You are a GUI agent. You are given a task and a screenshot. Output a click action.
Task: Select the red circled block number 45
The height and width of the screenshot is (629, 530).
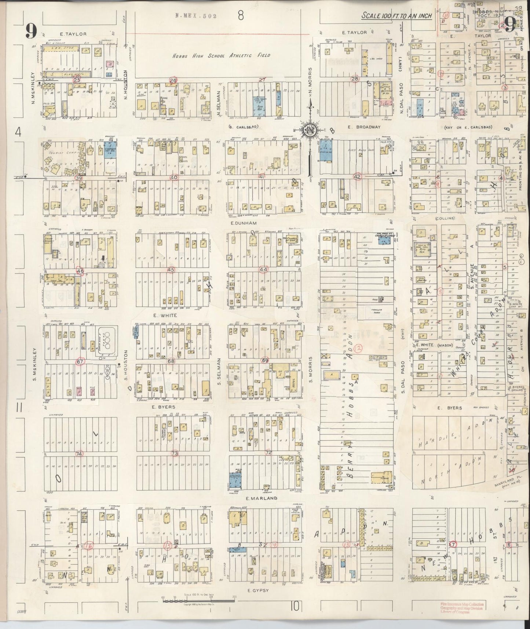pos(171,270)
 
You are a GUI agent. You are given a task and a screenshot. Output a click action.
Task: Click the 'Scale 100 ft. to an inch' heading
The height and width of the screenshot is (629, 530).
pos(396,16)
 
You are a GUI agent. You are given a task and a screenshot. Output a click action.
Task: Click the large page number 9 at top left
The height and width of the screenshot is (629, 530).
pos(31,31)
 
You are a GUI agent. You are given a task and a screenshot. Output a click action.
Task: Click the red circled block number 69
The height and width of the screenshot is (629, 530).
pos(266,361)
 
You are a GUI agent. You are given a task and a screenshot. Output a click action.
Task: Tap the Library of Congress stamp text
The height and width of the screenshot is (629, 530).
pos(462,608)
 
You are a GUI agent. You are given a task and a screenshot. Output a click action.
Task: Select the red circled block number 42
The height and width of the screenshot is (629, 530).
pos(357,177)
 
